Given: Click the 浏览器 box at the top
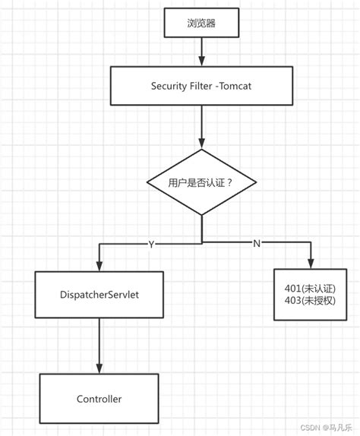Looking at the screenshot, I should tap(201, 23).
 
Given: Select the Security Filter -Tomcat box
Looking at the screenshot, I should tap(201, 86).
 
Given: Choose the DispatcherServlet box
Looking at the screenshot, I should tap(99, 292).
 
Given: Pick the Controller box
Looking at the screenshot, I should tap(99, 398).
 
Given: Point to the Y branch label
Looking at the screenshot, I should tap(151, 244).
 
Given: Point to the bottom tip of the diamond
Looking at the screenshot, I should tap(201, 216).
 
